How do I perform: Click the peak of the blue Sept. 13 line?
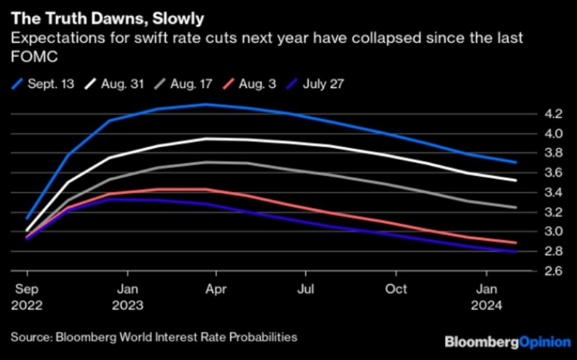207,104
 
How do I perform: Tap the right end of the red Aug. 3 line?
515,243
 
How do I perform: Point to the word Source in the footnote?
28,337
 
